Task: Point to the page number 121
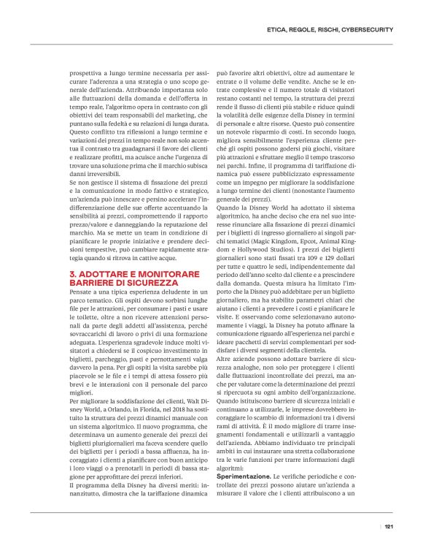[389, 526]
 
